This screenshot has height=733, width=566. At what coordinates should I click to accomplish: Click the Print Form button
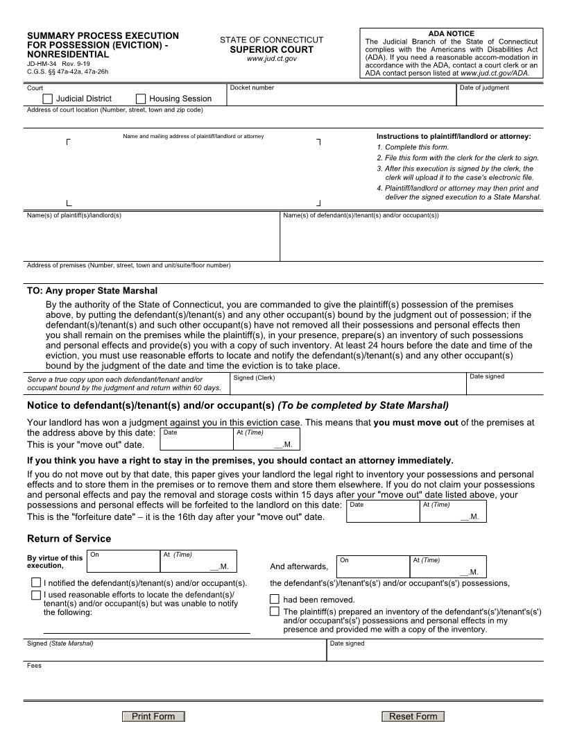point(153,716)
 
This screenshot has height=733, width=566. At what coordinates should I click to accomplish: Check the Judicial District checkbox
point(47,99)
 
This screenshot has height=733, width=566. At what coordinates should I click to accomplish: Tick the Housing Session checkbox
point(141,99)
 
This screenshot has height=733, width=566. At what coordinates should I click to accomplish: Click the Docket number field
point(341,98)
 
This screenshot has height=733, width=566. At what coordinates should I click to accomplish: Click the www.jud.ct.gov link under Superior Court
point(271,59)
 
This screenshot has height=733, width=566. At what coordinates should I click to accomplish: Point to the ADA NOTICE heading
point(451,33)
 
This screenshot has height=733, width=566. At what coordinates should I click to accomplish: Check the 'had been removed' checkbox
point(275,599)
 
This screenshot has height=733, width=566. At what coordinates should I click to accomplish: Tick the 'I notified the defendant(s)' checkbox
point(35,583)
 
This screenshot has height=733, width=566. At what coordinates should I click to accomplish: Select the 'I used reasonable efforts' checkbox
point(35,595)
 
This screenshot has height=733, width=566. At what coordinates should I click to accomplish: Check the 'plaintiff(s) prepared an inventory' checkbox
point(275,612)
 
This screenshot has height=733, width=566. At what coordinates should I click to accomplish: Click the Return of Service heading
point(69,539)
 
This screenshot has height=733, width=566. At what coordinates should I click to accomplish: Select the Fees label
point(34,666)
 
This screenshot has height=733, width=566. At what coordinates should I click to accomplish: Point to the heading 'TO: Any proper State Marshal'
point(92,290)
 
